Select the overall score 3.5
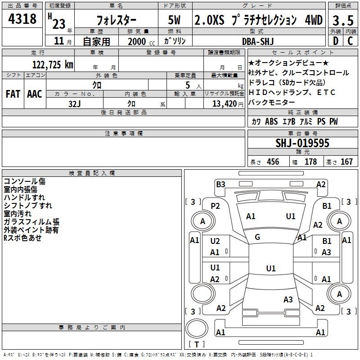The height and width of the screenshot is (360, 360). point(342,21)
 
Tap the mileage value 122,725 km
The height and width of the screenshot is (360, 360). point(52,64)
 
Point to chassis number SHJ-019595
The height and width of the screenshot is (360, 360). point(302,144)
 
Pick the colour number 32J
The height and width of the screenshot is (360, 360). point(74,103)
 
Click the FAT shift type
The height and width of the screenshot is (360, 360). point(13,94)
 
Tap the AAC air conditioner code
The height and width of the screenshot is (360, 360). point(35,94)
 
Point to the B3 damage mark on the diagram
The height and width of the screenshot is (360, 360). point(220,184)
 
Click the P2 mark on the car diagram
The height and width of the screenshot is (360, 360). point(216,206)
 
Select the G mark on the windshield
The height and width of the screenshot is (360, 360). point(257,237)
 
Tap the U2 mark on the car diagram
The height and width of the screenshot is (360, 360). point(215,241)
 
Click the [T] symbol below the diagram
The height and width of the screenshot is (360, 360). point(196,344)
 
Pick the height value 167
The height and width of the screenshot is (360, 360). point(347,162)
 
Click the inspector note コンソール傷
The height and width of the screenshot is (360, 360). point(24,181)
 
